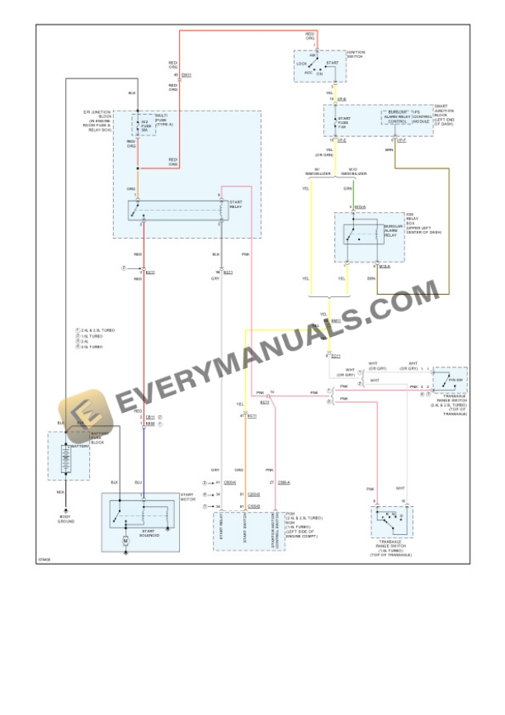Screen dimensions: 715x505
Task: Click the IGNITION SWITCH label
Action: tap(356, 54)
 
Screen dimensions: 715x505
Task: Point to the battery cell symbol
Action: tap(65, 462)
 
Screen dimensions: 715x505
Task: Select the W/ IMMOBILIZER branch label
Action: tap(317, 173)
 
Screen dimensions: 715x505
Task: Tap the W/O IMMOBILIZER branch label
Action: tap(358, 173)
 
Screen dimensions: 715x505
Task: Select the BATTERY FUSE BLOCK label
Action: tap(97, 439)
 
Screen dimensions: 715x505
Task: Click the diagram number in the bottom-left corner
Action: tap(44, 559)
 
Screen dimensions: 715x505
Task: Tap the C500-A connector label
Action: tap(283, 481)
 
